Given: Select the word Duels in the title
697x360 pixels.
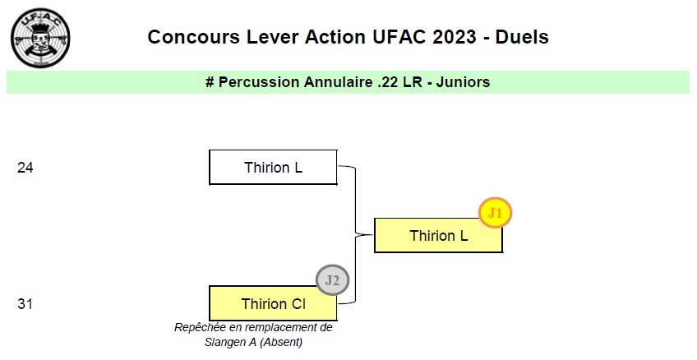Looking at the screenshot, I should pos(522,37).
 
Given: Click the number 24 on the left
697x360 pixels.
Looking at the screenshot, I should pos(25,168).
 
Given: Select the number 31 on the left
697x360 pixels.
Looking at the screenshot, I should pos(25,304).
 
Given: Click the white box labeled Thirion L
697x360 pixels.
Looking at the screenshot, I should pos(273,168).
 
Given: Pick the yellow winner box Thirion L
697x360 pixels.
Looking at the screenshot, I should pos(438,236).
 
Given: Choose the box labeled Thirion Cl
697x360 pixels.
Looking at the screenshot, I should pos(273,304).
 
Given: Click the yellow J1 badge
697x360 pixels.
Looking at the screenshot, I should pos(495,213).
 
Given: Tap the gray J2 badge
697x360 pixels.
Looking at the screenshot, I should pos(332,280).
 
